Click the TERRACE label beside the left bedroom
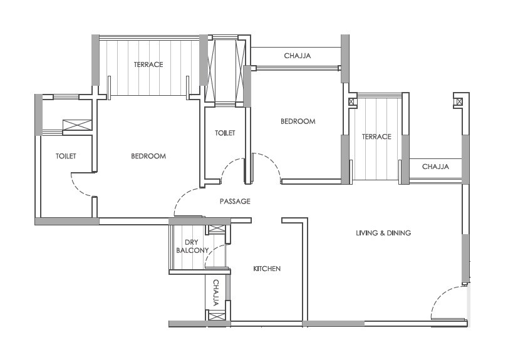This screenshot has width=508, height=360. coord(148,64)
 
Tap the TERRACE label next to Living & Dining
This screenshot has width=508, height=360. coord(376,136)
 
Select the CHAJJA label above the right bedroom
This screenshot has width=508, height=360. coord(298,56)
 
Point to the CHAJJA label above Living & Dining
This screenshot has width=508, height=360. coord(435,167)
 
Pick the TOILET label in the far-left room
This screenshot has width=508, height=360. coord(66,156)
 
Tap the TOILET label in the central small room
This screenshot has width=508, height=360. coord(225,133)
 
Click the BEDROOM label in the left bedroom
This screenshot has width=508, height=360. coord(148,156)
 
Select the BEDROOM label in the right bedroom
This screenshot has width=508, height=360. coord(298,121)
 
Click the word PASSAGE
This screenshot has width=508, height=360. coord(235,202)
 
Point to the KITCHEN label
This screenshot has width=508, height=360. coord(267,269)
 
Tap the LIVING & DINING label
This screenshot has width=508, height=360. coord(383,233)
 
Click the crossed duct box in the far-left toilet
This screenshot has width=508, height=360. coord(77,125)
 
